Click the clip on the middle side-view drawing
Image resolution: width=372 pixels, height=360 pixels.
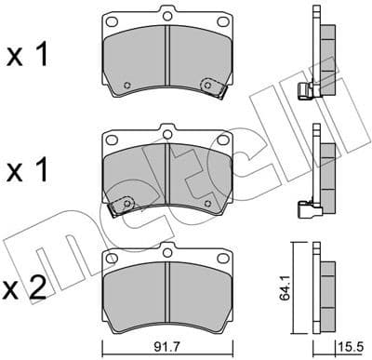pyautogui.click(x=301, y=208)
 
